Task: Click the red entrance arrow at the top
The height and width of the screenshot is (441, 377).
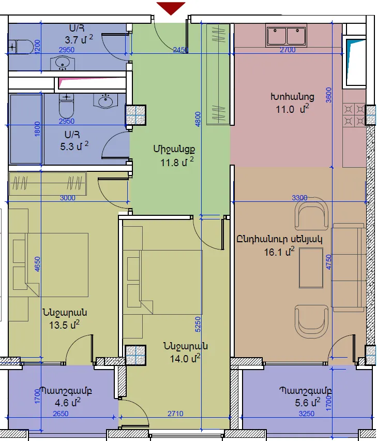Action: click(171, 8)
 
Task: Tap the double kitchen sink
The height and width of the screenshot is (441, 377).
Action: click(286, 36)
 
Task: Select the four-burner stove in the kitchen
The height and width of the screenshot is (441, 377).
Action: click(354, 115)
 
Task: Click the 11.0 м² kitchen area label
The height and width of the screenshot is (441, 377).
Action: click(292, 109)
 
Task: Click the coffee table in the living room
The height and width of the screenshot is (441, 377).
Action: click(311, 268)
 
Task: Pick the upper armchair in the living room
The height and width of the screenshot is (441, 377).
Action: click(311, 213)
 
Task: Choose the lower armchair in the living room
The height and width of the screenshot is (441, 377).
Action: click(311, 322)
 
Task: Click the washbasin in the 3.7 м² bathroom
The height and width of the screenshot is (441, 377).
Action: click(63, 63)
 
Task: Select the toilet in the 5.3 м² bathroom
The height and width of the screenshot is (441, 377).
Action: click(66, 106)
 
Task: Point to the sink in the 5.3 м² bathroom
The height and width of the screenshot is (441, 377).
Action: click(105, 101)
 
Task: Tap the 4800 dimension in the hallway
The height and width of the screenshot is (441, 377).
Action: click(198, 119)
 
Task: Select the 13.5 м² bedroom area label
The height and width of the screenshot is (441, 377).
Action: click(64, 325)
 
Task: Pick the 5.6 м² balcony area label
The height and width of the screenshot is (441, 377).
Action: click(308, 403)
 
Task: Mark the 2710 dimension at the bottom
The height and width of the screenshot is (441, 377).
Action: click(175, 414)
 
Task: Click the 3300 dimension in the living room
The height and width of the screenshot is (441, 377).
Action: click(299, 198)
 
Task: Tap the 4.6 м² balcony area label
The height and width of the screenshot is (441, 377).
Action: click(68, 403)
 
